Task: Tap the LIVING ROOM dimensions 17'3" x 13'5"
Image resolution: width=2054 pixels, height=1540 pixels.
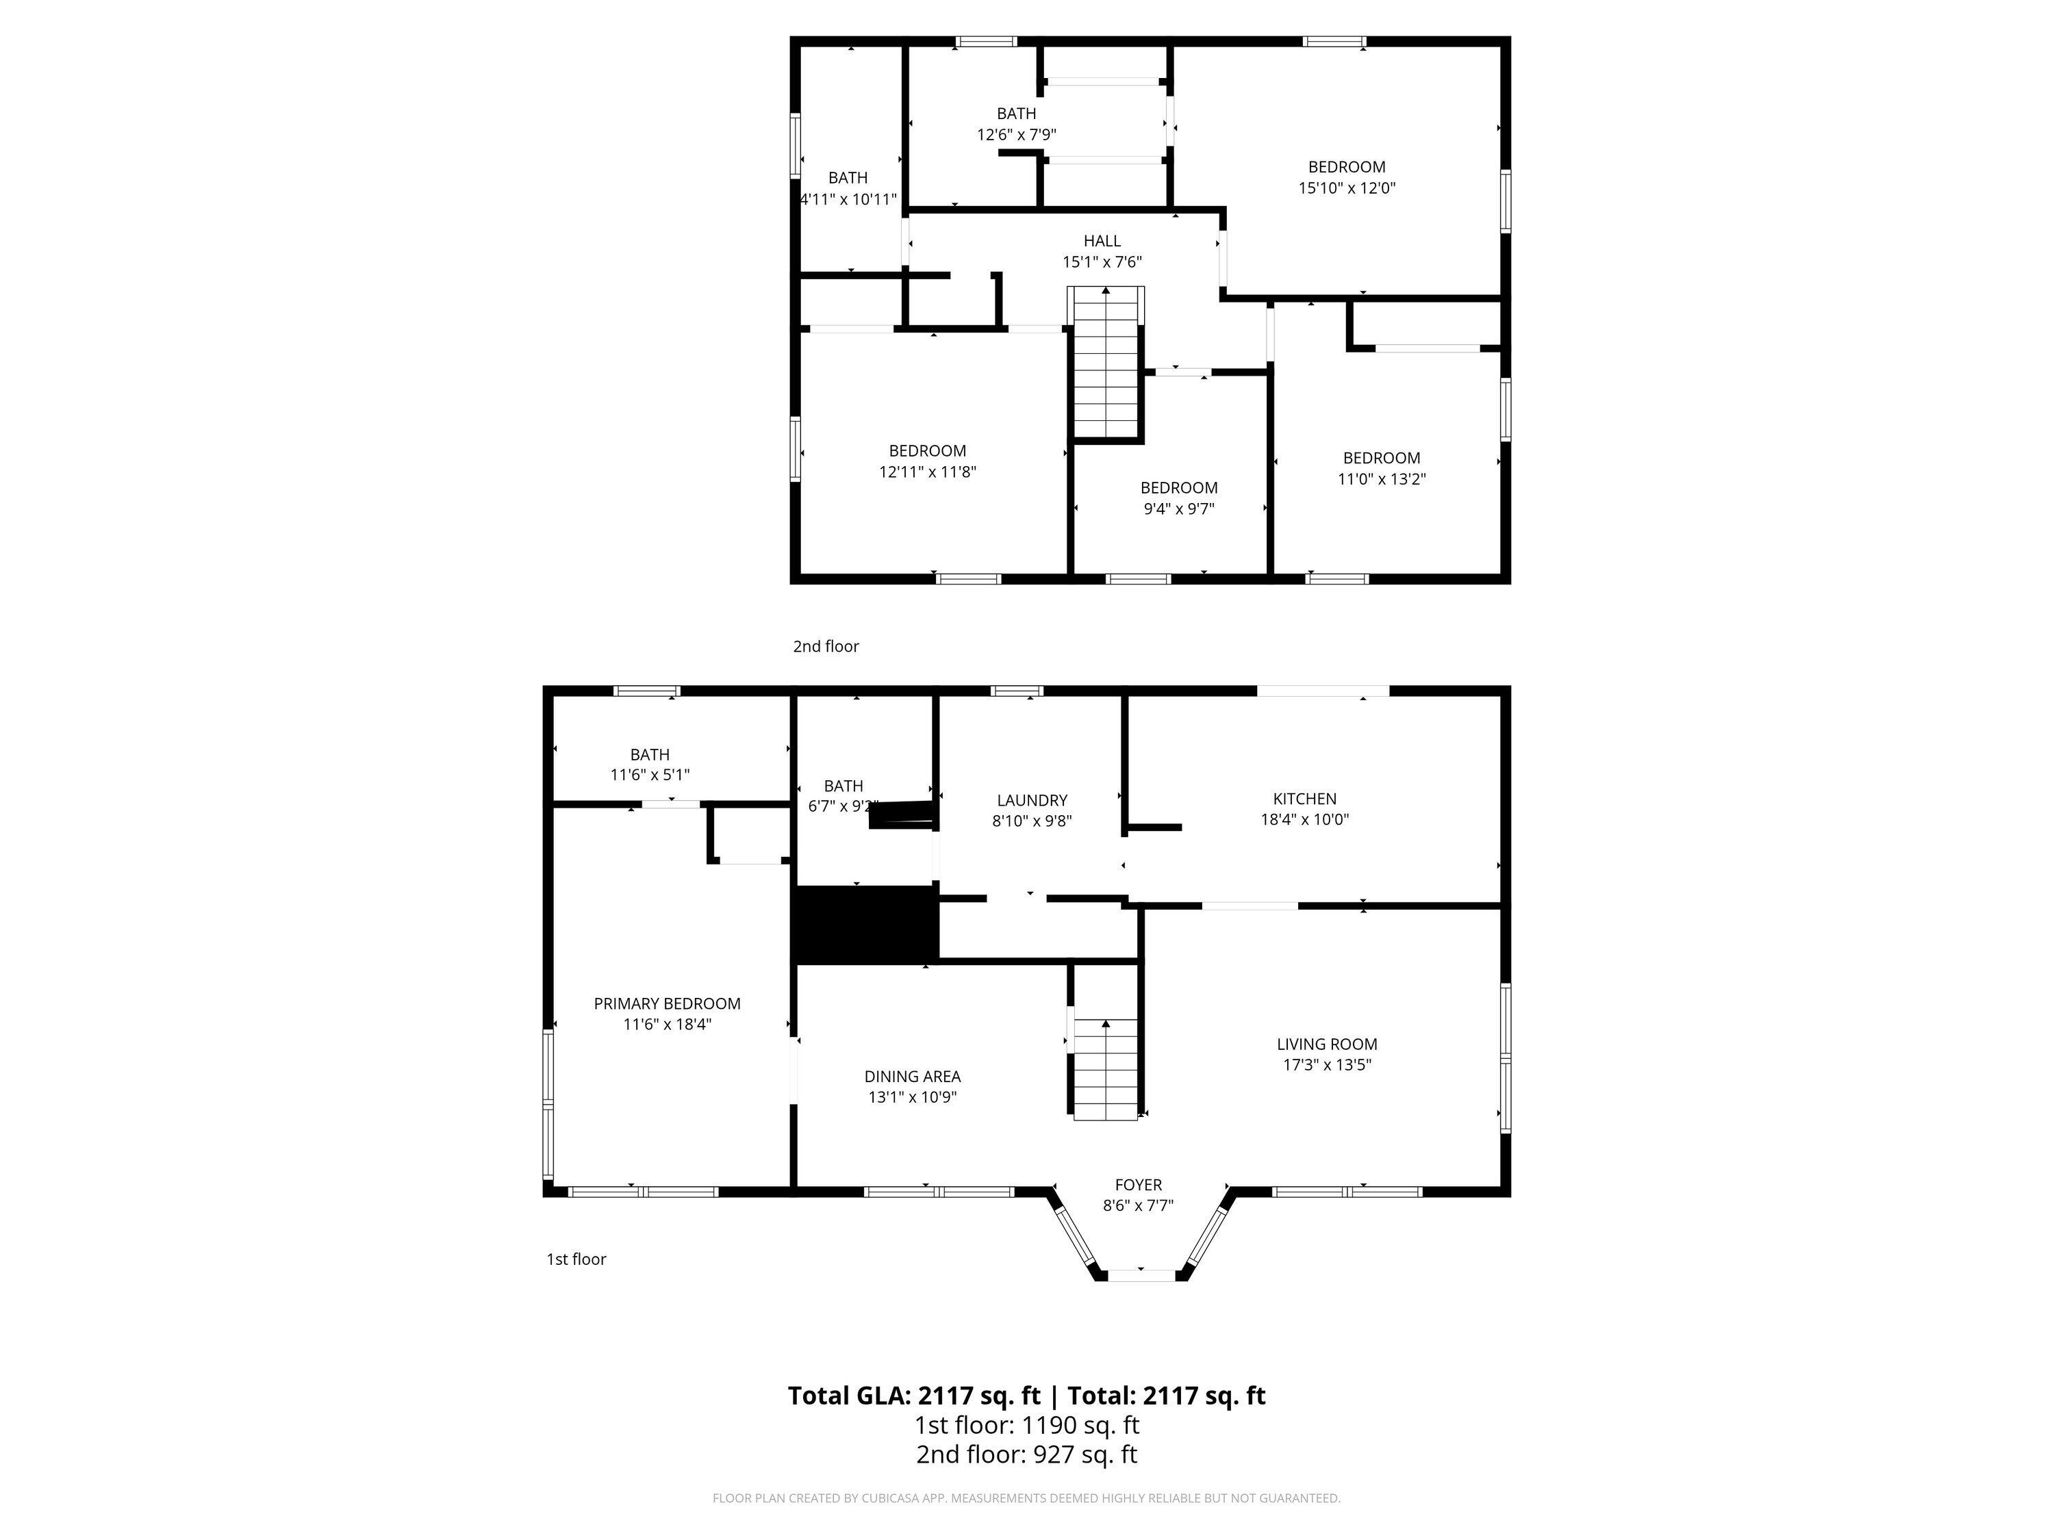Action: click(x=1326, y=1065)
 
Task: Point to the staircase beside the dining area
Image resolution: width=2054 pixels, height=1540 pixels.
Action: click(x=1106, y=1068)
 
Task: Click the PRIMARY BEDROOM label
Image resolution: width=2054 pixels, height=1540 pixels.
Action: click(x=667, y=1003)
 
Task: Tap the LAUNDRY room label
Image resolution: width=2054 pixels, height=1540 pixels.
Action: click(x=1032, y=800)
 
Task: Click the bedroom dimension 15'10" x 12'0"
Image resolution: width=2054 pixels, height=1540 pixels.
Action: click(x=1347, y=188)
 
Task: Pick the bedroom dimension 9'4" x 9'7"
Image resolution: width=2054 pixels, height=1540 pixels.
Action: click(x=1178, y=509)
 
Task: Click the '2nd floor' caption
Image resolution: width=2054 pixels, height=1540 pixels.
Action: click(x=826, y=646)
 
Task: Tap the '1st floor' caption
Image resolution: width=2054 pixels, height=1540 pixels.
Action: click(x=576, y=1259)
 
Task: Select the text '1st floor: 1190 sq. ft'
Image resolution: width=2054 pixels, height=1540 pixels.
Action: click(x=1026, y=1425)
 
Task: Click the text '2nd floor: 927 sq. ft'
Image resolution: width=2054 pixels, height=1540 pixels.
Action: click(x=1026, y=1454)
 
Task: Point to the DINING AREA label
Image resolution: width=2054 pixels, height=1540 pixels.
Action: click(x=912, y=1076)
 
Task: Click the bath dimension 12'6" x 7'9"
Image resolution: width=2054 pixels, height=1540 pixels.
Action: click(x=1016, y=135)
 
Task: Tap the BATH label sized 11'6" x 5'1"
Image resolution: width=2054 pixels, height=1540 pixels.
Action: click(x=649, y=755)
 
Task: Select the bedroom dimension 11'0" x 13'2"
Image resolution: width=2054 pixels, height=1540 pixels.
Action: click(x=1381, y=479)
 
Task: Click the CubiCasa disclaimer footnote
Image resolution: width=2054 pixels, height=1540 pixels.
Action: click(x=1026, y=1498)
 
